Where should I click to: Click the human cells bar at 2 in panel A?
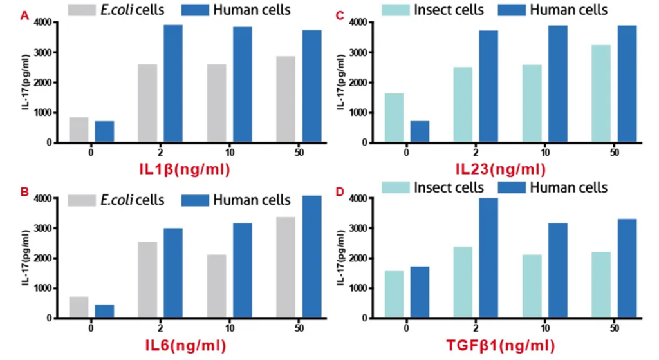(x=173, y=84)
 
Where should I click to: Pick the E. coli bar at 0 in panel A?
(x=79, y=130)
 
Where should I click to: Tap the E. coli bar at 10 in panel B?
(x=217, y=287)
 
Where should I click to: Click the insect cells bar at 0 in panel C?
(x=394, y=118)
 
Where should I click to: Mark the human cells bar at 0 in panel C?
(x=420, y=132)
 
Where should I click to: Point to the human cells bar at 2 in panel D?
(x=488, y=258)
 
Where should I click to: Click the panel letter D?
(x=340, y=190)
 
